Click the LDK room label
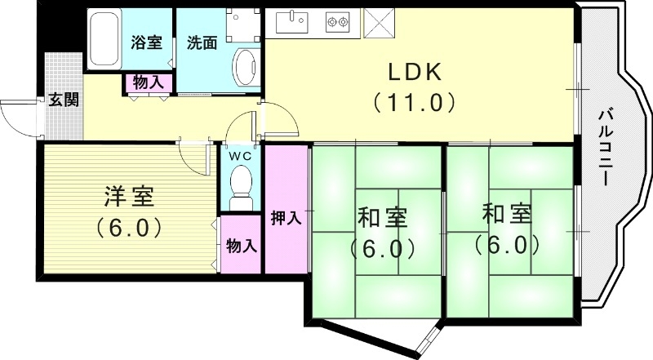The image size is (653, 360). click(x=414, y=72)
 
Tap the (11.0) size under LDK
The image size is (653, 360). click(x=414, y=104)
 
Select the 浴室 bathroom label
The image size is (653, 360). click(x=148, y=43)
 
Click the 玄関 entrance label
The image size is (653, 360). click(x=63, y=100)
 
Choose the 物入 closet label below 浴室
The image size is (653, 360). click(x=148, y=82)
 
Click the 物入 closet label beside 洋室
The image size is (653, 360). click(x=242, y=245)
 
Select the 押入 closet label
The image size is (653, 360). click(x=287, y=218)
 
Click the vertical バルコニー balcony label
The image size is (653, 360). click(x=608, y=147)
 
